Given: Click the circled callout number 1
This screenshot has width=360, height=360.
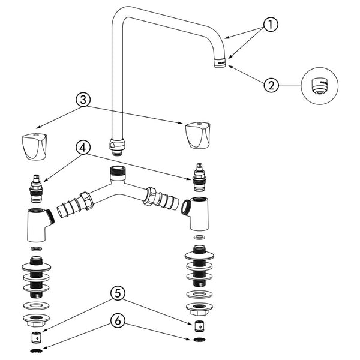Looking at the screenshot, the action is (x=271, y=25).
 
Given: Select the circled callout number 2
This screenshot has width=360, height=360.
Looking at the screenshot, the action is (x=271, y=85).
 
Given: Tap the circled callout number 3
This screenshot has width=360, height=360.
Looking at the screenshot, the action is (x=83, y=100).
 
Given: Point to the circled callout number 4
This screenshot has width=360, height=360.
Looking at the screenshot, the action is (x=83, y=148).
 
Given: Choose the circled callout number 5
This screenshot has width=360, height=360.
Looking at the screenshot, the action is (x=118, y=293).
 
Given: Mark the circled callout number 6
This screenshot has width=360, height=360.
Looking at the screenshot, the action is (x=118, y=321).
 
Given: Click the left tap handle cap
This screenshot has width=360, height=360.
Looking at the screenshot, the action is (x=34, y=146).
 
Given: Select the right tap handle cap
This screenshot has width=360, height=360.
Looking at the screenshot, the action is (x=197, y=136).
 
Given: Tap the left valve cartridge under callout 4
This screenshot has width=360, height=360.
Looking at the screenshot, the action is (x=36, y=189).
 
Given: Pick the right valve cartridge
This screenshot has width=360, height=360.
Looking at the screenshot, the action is (x=199, y=177).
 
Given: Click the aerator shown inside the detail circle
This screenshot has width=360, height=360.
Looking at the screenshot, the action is (x=319, y=86).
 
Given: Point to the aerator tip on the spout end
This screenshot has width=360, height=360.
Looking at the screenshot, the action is (x=220, y=62).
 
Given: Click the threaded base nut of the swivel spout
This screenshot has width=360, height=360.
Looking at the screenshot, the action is (x=117, y=147).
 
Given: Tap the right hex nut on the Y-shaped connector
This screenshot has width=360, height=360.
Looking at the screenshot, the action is (x=149, y=196).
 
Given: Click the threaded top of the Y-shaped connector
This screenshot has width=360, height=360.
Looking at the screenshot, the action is (x=118, y=171).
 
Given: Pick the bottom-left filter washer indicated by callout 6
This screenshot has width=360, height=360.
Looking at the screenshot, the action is (x=36, y=351).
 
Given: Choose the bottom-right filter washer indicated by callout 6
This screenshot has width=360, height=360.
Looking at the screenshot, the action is (x=199, y=340).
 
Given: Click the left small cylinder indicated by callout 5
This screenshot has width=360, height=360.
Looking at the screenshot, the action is (x=36, y=337).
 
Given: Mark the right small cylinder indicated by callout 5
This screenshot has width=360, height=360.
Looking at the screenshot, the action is (x=199, y=326).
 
